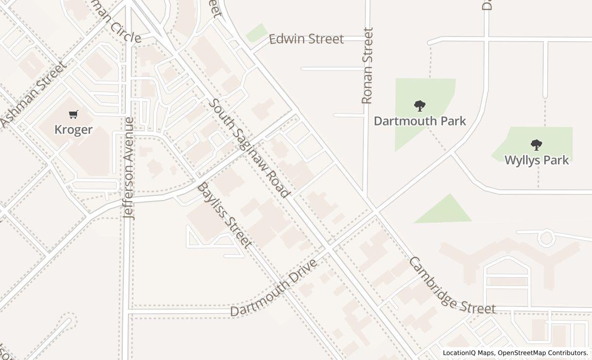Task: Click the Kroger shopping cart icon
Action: coord(73,114)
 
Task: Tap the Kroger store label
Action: coord(73,129)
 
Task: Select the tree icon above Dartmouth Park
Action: coord(420,106)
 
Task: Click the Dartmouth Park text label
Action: coord(420,121)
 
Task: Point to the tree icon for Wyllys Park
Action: coord(536,145)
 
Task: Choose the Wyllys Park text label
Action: coord(536,160)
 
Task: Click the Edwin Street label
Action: coord(306,39)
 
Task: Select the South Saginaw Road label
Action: coord(250,148)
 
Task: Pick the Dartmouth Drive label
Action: coord(273,288)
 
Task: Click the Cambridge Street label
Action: coord(452,285)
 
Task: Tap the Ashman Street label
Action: coord(34,94)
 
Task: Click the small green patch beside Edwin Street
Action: coord(256,33)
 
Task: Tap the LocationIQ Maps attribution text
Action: coord(468,353)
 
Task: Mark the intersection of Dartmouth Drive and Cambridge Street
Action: coord(376,211)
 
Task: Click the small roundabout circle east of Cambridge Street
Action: coord(546,238)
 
